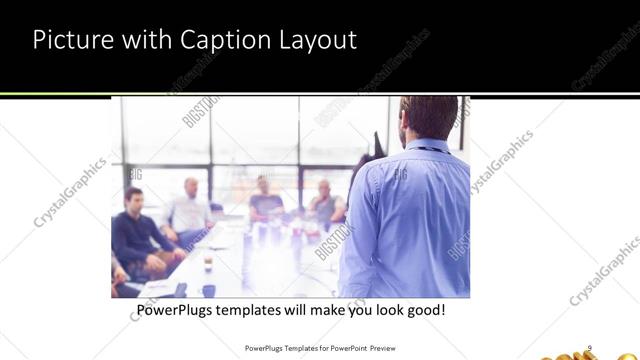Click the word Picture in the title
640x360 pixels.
[x=72, y=41]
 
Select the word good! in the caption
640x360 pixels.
[x=424, y=311]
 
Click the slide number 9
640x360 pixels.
[x=590, y=347]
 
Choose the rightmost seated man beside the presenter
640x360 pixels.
[x=324, y=203]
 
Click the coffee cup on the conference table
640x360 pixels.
[x=208, y=264]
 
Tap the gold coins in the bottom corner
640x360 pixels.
[x=610, y=351]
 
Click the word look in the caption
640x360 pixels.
[x=383, y=311]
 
